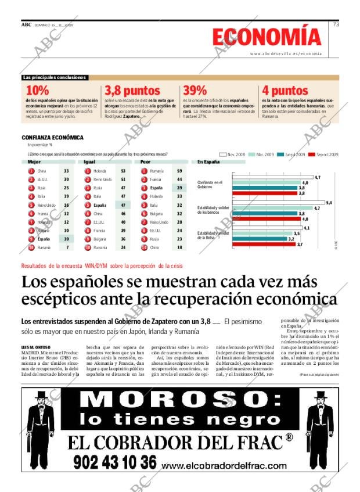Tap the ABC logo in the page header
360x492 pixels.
[x=26, y=25]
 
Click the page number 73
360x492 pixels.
[x=336, y=24]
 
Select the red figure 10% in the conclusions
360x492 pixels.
[x=37, y=91]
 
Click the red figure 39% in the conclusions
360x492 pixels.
[x=195, y=91]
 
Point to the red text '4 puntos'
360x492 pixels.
[x=285, y=91]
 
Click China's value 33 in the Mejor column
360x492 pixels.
[x=66, y=171]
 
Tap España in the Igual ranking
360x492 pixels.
[x=100, y=205]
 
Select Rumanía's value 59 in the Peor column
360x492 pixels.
[x=179, y=171]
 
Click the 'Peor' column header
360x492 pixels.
[x=146, y=162]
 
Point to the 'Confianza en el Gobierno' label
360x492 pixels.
[x=210, y=185]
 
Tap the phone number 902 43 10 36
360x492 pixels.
[x=115, y=462]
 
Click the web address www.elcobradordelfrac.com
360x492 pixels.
[x=224, y=465]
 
